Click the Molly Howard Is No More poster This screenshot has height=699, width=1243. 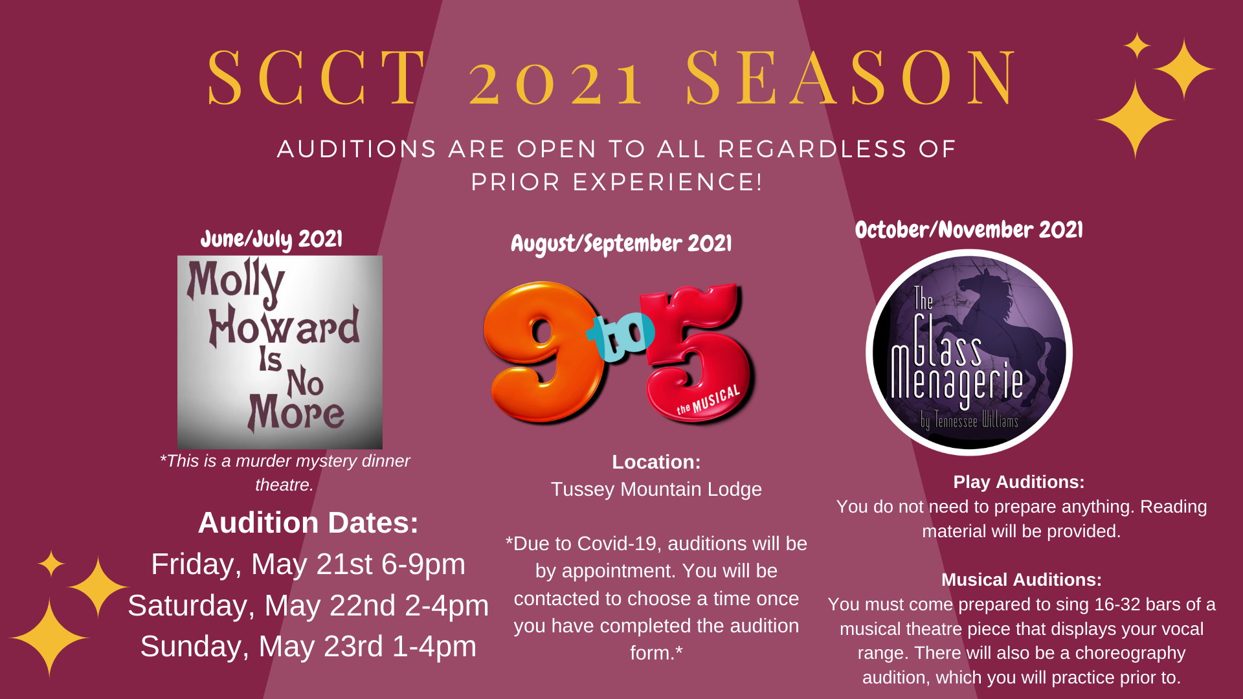click(280, 352)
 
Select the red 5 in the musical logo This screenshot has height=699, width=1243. click(696, 353)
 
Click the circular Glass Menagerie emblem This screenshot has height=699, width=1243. click(969, 353)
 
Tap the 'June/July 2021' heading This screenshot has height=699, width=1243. click(271, 239)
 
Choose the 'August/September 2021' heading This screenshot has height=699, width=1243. click(621, 244)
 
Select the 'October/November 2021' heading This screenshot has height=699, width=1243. click(969, 230)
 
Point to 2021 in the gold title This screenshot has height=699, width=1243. click(557, 83)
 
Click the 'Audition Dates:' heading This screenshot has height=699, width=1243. click(308, 523)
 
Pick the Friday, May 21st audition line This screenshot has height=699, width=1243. click(308, 564)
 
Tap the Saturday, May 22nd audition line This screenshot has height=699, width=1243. click(308, 606)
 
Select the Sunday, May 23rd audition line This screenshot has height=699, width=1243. click(308, 647)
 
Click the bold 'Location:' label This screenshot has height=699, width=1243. click(656, 462)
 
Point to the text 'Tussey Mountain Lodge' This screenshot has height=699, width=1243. click(656, 489)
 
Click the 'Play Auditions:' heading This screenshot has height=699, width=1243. click(1019, 482)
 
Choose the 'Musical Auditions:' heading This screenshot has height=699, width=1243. click(1022, 580)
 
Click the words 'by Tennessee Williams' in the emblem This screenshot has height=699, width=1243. click(969, 421)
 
